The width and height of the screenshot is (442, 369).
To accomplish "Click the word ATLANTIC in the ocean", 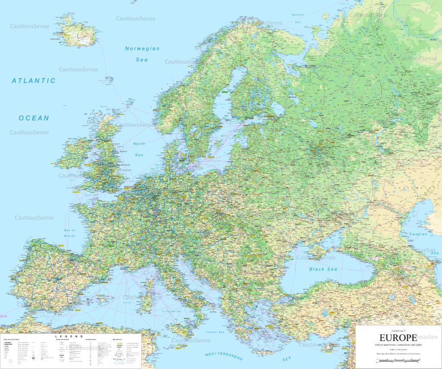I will click(34, 81).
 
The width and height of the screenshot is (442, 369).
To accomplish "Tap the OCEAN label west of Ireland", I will click(34, 118).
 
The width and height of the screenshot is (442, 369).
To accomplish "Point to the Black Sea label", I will click(322, 269).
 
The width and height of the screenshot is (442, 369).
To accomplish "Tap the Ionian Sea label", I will click(215, 332).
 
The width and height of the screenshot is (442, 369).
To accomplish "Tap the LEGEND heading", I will click(69, 336).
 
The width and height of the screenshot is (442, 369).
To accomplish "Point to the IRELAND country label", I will click(72, 139).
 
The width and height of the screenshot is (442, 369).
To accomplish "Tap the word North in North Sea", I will click(139, 144).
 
